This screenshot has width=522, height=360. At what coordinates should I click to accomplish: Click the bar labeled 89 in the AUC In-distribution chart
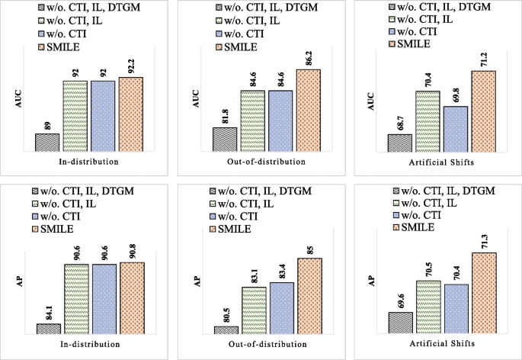(46, 143)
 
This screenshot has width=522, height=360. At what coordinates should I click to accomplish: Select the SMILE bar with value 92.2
(131, 114)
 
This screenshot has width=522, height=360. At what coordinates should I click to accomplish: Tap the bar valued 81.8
(224, 140)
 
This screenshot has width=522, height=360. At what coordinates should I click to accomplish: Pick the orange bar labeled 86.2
(309, 111)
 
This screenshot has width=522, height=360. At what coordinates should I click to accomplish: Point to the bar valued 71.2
(483, 111)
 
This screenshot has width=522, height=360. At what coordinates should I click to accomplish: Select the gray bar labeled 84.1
(49, 329)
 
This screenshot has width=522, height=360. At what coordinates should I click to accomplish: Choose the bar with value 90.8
(132, 297)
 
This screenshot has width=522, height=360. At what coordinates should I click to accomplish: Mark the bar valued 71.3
(484, 293)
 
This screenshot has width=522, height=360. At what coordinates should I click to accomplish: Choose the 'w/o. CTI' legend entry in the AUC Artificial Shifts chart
(418, 31)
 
